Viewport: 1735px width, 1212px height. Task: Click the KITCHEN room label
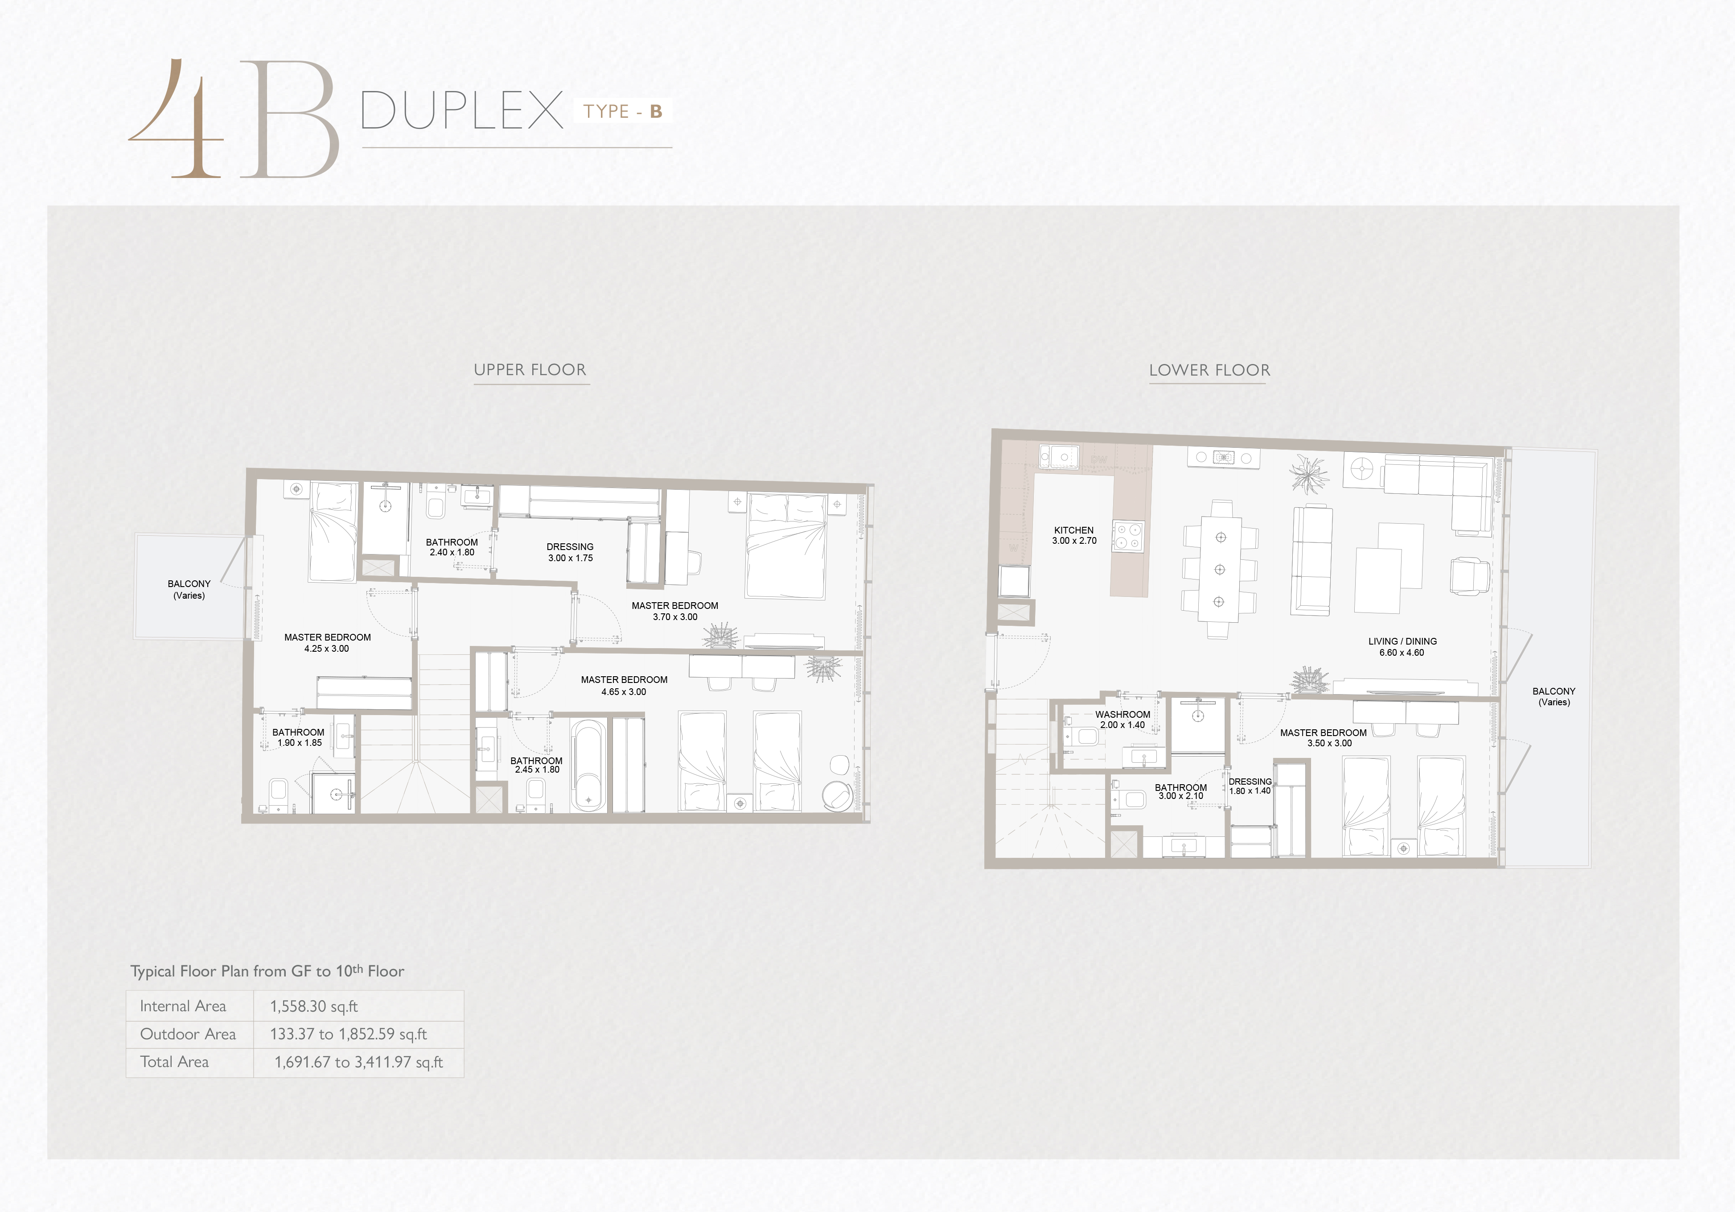pos(1074,530)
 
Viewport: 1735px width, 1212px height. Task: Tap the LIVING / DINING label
pos(1402,641)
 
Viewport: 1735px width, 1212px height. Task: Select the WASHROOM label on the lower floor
pos(1123,715)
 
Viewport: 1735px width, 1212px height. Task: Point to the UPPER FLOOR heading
pos(530,370)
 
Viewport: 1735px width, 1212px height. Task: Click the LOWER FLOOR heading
pos(1210,370)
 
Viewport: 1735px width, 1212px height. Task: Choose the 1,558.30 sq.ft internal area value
pos(313,1006)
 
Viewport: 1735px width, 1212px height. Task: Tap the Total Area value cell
pos(359,1062)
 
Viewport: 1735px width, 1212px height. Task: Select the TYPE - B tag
pos(623,111)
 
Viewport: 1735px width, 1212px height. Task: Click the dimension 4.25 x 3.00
pos(326,649)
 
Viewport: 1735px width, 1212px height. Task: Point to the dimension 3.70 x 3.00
pos(675,617)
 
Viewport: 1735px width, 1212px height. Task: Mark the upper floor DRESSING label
pos(570,546)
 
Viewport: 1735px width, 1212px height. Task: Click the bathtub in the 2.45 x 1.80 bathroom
pos(588,765)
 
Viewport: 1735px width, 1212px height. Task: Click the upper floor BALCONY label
pos(189,583)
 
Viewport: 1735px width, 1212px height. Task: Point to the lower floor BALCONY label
pos(1554,691)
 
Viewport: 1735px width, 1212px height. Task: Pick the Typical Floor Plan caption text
pos(267,971)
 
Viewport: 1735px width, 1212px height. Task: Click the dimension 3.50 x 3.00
pos(1329,743)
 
